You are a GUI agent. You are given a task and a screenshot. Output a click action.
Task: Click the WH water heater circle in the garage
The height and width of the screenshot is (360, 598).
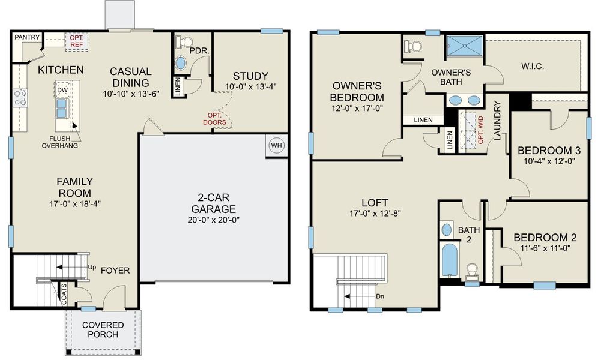pyautogui.click(x=276, y=146)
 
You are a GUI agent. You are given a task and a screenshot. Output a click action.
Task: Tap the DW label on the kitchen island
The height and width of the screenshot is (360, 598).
pyautogui.click(x=62, y=90)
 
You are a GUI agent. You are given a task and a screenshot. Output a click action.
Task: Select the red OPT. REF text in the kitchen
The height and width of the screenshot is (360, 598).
pyautogui.click(x=76, y=40)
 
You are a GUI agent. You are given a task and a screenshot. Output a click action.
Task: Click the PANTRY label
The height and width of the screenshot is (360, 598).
pyautogui.click(x=27, y=37)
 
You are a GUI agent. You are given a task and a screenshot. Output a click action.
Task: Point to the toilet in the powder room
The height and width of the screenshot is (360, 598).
pyautogui.click(x=184, y=42)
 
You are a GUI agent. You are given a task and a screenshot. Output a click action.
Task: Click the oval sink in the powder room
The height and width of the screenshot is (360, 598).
pyautogui.click(x=181, y=62)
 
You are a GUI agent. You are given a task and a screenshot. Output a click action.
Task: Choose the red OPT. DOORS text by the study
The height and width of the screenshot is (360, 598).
pyautogui.click(x=214, y=118)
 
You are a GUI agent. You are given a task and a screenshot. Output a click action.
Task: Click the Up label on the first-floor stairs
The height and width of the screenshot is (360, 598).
pyautogui.click(x=92, y=266)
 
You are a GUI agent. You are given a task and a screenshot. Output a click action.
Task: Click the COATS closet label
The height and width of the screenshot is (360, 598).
pyautogui.click(x=64, y=295)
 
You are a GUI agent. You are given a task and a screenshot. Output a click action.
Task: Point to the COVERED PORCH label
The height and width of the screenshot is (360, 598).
pyautogui.click(x=104, y=329)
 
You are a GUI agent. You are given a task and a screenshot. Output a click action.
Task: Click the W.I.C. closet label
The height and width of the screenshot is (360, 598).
pyautogui.click(x=533, y=66)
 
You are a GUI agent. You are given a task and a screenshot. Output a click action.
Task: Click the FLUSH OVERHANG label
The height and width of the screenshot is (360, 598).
pyautogui.click(x=60, y=142)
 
